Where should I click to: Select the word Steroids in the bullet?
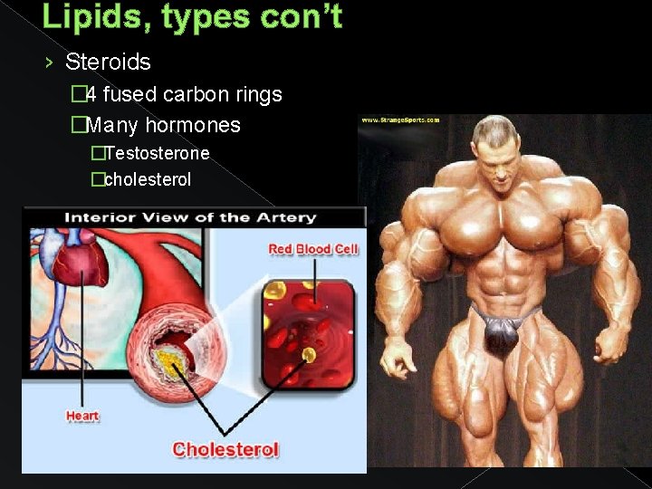108,62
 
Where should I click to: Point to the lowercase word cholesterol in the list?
148,179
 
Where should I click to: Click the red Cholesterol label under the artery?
225,449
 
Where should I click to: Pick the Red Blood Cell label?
313,249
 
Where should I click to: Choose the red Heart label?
82,417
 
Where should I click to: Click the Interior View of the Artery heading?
189,217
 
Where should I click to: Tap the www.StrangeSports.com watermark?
400,120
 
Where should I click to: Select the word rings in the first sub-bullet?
258,94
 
